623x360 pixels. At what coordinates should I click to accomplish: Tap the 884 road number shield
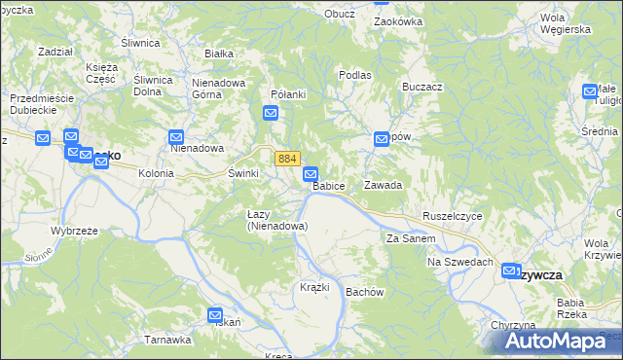point(286,158)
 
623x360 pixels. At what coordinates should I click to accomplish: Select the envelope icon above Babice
point(310,173)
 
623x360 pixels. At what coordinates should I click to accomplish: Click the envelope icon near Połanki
point(271,114)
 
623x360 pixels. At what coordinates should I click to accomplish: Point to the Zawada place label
point(383,184)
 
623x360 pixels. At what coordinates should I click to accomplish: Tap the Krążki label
point(314,287)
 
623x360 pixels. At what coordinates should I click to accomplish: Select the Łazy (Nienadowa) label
point(277,220)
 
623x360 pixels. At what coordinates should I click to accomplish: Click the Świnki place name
point(243,172)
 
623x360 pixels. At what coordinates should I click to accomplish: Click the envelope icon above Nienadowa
point(176,137)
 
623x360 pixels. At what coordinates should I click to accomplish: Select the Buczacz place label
point(421,87)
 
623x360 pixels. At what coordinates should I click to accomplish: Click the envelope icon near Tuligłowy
point(590,91)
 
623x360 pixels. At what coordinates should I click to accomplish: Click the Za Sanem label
point(408,238)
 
